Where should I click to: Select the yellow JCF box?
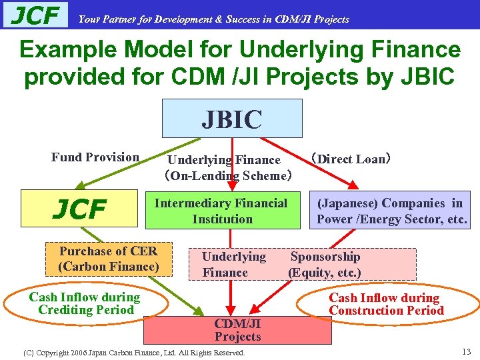pyautogui.click(x=79, y=209)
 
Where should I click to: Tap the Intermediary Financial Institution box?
pyautogui.click(x=221, y=211)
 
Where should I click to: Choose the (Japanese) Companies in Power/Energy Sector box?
pyautogui.click(x=391, y=211)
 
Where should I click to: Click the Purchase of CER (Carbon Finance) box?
pyautogui.click(x=109, y=259)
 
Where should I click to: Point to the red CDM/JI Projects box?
pyautogui.click(x=237, y=330)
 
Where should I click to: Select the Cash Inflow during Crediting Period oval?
pyautogui.click(x=84, y=304)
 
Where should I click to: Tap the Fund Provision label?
pyautogui.click(x=95, y=158)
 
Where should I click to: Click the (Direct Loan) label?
pyautogui.click(x=351, y=159)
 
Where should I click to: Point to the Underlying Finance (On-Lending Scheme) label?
pyautogui.click(x=226, y=168)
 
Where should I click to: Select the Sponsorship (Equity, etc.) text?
pyautogui.click(x=325, y=265)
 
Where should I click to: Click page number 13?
pyautogui.click(x=466, y=351)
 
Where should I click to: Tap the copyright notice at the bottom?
pyautogui.click(x=134, y=352)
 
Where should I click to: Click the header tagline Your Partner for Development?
pyautogui.click(x=213, y=19)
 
